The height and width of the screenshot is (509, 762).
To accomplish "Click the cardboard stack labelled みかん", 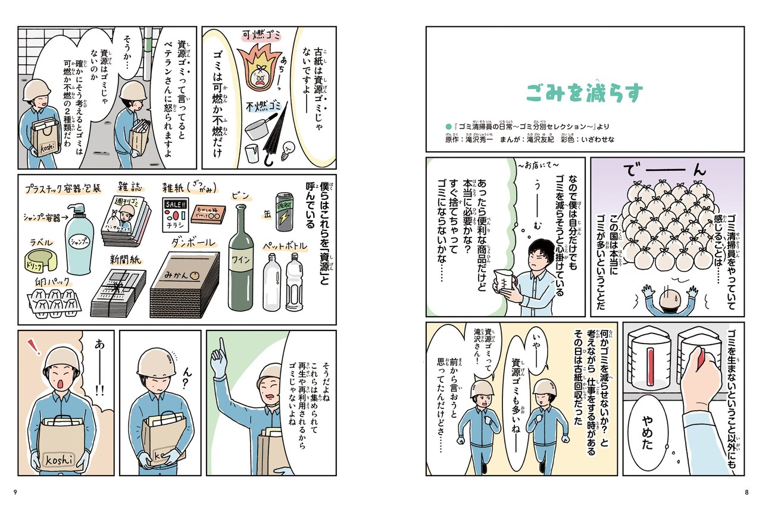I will pyautogui.click(x=182, y=283).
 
